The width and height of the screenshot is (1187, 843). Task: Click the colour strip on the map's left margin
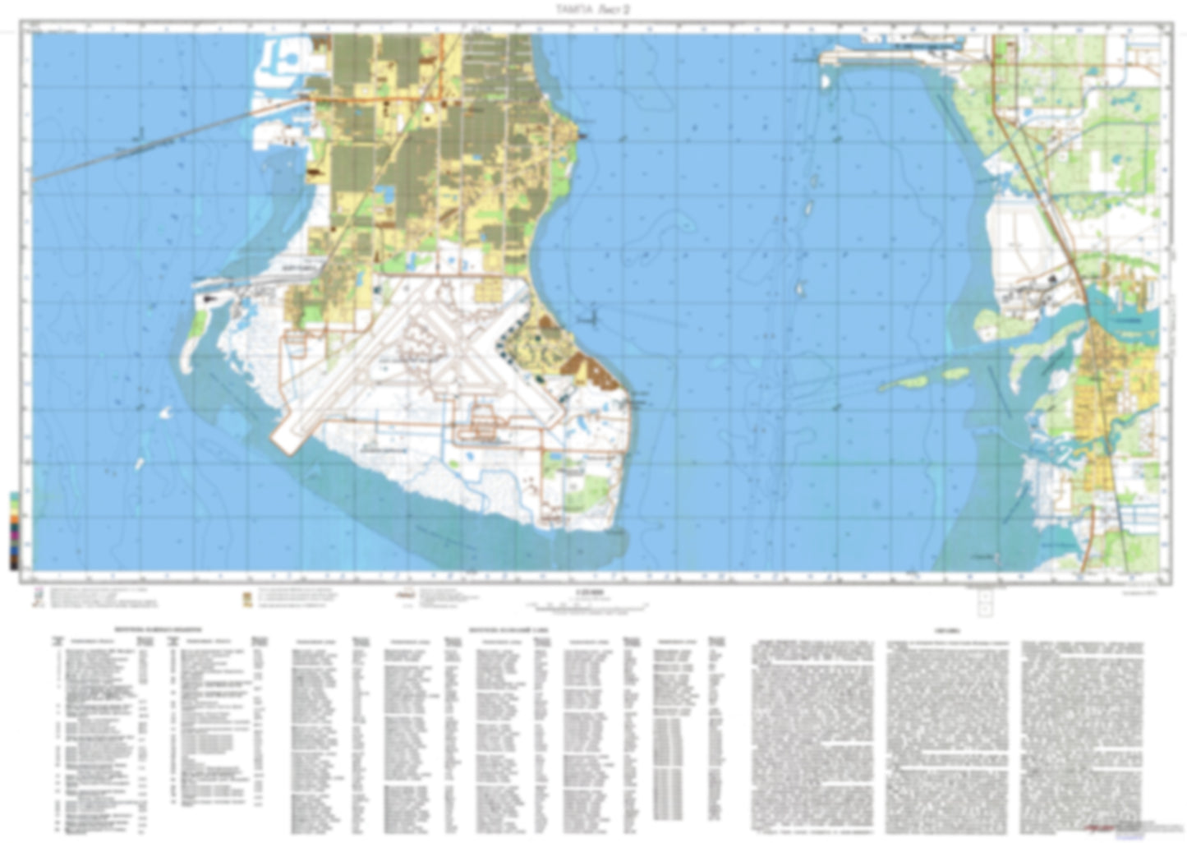pos(14,530)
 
